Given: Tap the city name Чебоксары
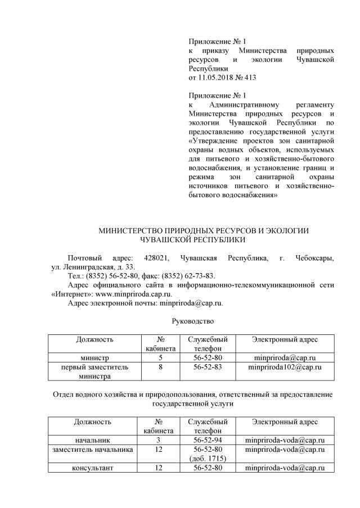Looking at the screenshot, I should [314, 258].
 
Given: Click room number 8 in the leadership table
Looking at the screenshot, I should [161, 367].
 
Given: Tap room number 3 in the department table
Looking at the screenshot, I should [161, 440].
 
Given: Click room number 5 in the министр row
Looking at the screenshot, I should [161, 358].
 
